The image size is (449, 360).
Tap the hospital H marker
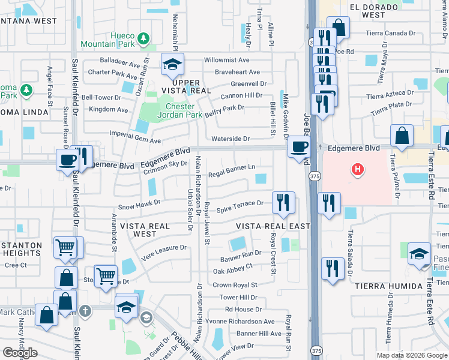358,170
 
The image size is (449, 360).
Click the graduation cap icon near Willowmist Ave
172,64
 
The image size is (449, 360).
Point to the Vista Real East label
273,226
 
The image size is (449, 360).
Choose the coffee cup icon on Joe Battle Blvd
299,147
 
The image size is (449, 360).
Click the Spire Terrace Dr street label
240,204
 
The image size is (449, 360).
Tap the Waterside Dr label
231,139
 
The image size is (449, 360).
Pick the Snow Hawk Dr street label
139,204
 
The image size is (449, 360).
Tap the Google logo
20,353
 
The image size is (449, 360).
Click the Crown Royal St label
235,285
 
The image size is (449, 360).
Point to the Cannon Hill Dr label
242,95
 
